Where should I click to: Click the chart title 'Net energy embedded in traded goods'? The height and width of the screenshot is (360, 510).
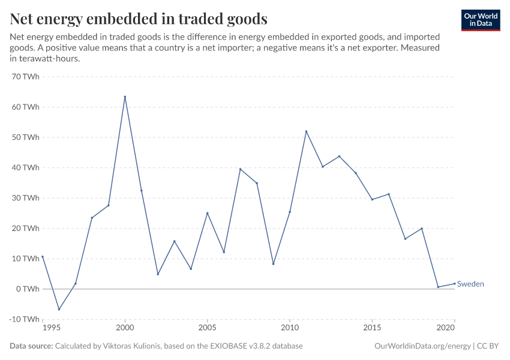139,19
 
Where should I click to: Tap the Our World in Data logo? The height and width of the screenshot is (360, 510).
480,20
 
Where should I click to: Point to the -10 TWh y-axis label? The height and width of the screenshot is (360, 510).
24,319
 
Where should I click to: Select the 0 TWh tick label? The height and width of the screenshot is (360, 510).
27,289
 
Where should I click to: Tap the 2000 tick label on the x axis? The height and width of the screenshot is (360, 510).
125,329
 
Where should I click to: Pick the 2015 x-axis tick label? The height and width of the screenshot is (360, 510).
372,329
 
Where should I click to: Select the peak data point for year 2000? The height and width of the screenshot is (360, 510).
125,97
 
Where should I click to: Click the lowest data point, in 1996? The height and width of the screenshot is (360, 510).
59,309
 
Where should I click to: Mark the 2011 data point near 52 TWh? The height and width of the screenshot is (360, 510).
306,131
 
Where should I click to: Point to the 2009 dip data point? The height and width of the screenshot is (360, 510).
273,264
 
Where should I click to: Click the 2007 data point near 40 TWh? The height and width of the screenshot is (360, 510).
240,169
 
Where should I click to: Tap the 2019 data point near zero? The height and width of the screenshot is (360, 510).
438,287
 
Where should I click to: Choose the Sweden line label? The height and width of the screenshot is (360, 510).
470,284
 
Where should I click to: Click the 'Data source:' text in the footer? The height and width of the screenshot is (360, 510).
31,346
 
